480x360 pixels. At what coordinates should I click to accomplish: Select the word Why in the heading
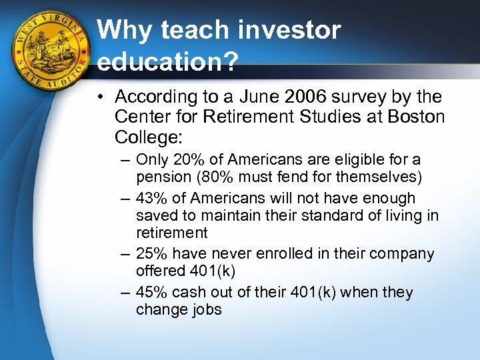pos(124,29)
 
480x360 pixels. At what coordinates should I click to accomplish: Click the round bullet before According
pos(101,98)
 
